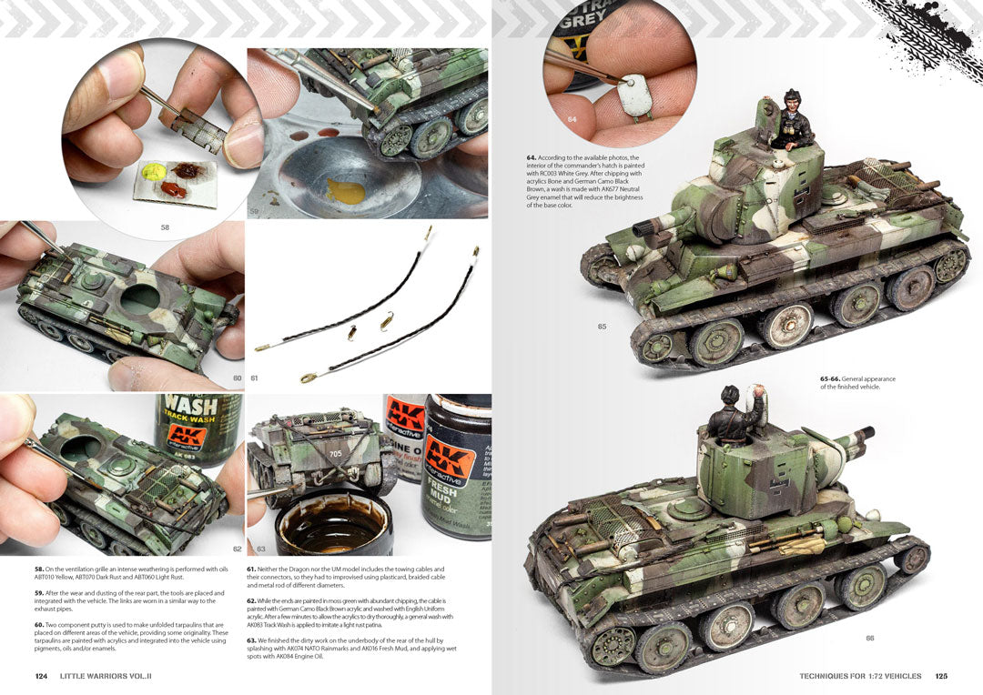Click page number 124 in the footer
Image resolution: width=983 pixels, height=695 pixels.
click(x=41, y=676)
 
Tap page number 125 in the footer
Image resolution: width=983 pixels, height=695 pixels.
click(x=941, y=676)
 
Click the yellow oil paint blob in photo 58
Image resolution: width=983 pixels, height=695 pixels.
click(x=154, y=170)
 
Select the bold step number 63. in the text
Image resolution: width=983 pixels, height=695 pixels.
click(x=252, y=640)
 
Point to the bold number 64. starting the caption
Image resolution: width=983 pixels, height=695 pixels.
click(x=532, y=157)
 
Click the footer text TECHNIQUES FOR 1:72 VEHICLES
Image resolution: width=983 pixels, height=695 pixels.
click(x=860, y=676)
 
